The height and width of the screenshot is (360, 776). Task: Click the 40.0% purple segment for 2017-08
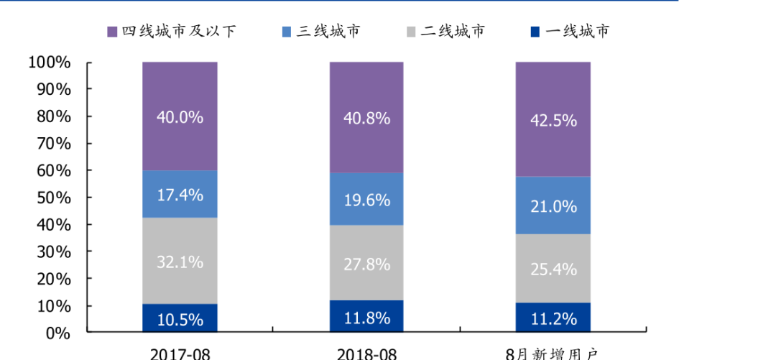pyautogui.click(x=180, y=116)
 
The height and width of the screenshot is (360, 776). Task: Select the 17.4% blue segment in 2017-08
pyautogui.click(x=180, y=194)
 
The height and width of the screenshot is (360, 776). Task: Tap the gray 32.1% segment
pyautogui.click(x=180, y=261)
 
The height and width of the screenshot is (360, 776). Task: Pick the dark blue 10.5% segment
pyautogui.click(x=180, y=318)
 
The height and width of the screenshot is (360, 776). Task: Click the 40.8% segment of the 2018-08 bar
pyautogui.click(x=366, y=117)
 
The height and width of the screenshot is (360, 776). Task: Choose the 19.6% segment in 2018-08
pyautogui.click(x=366, y=199)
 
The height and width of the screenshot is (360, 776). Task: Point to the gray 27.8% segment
pyautogui.click(x=366, y=263)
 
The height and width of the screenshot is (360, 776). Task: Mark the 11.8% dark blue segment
pyautogui.click(x=366, y=317)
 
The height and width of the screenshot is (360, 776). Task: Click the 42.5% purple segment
pyautogui.click(x=553, y=119)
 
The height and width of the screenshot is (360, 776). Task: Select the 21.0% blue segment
pyautogui.click(x=553, y=206)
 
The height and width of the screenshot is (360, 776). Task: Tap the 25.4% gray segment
pyautogui.click(x=553, y=269)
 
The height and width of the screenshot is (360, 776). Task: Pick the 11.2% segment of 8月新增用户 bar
pyautogui.click(x=553, y=318)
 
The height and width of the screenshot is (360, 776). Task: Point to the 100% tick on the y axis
pyautogui.click(x=50, y=63)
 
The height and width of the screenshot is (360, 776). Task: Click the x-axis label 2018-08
pyautogui.click(x=366, y=354)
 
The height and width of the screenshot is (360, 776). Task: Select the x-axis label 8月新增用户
pyautogui.click(x=553, y=354)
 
